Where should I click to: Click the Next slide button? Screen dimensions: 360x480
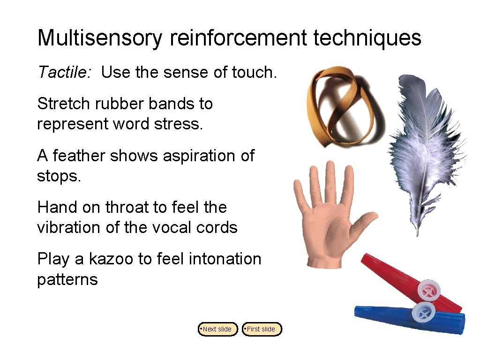(218, 329)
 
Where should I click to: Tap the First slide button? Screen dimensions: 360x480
(262, 329)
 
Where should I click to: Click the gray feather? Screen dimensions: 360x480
(424, 150)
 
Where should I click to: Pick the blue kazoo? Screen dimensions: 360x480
(398, 316)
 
